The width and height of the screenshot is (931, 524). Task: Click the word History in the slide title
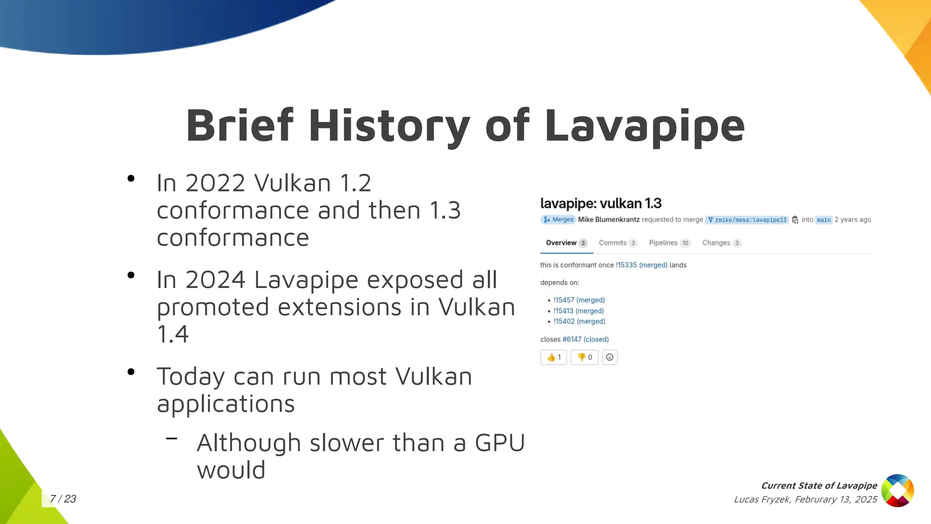(x=389, y=126)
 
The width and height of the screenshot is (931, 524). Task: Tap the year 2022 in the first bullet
(x=215, y=183)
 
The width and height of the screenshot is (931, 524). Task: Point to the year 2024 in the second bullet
(x=215, y=280)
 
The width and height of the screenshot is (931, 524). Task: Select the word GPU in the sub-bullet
(x=500, y=443)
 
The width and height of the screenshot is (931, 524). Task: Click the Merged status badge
(x=558, y=220)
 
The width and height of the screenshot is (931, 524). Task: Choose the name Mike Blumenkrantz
(x=609, y=220)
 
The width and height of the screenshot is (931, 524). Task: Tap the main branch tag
(x=823, y=220)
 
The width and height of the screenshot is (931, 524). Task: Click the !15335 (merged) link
(x=641, y=265)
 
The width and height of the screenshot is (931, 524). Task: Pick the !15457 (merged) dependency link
(x=579, y=300)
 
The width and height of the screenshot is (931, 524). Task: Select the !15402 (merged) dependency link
(x=579, y=322)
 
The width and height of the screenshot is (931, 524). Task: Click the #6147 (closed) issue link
(x=586, y=339)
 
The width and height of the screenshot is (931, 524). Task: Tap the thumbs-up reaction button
(x=553, y=358)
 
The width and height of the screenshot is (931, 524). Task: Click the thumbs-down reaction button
(x=585, y=358)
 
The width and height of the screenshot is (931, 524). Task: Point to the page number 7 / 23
(x=63, y=499)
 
